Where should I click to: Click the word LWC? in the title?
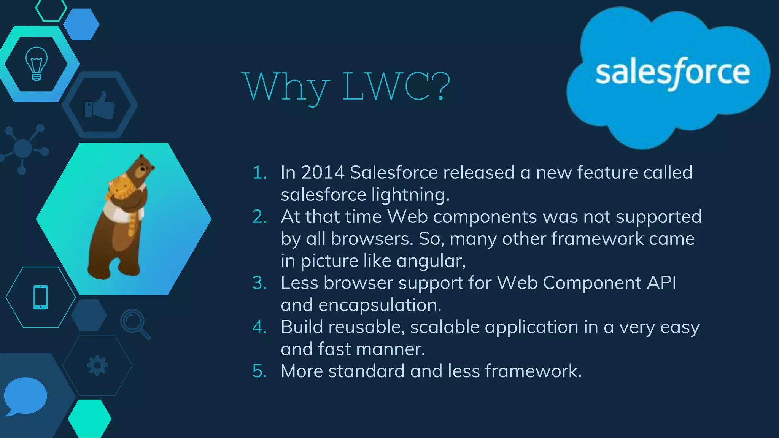pos(396,87)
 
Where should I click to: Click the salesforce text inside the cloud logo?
pos(672,73)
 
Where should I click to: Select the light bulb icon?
pos(37,64)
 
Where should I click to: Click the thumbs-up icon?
pos(100,106)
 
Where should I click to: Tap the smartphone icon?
pos(41,297)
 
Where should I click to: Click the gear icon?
pos(97,365)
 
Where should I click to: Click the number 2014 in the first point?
pos(323,173)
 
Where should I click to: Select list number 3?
pos(260,283)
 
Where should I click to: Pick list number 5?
pos(260,371)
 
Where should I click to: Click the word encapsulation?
pos(380,305)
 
